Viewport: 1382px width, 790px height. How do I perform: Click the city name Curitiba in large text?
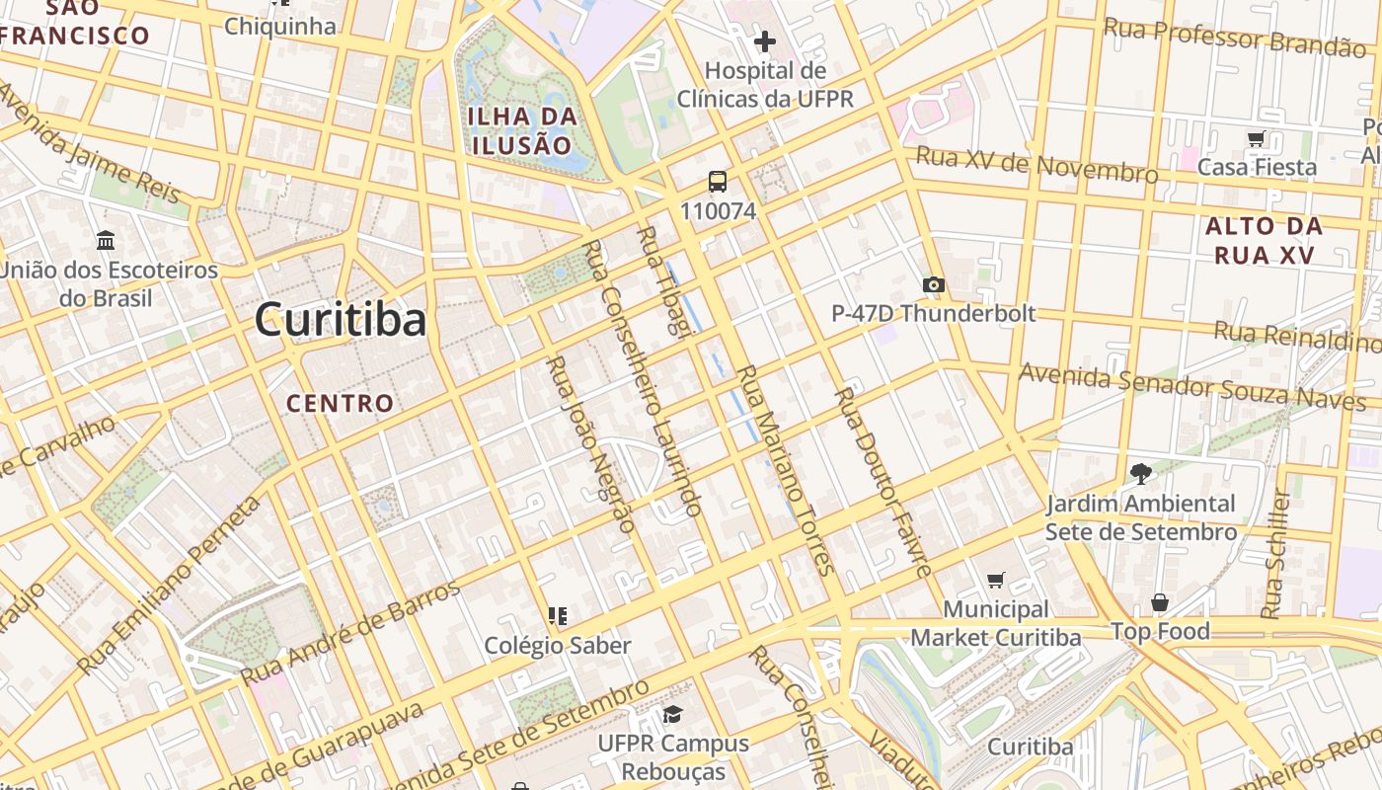coord(341,320)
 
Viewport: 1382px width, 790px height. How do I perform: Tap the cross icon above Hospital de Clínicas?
coord(764,41)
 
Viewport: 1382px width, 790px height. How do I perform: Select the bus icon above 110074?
coord(718,182)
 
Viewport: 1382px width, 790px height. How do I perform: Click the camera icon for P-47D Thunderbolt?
coord(933,285)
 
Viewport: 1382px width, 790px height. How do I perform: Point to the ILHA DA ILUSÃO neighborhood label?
coord(521,131)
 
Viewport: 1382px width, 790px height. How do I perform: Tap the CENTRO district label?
coord(341,403)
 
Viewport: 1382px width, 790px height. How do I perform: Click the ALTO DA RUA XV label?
coord(1264,240)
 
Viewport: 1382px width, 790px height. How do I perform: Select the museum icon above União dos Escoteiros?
coord(106,240)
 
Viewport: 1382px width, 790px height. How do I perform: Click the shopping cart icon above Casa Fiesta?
coord(1256,139)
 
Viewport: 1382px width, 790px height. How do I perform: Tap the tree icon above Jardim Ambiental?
coord(1141,473)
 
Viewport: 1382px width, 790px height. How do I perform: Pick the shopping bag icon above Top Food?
coord(1160,602)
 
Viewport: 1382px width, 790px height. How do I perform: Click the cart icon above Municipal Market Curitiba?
coord(995,580)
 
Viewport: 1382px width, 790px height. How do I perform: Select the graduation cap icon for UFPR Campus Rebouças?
coord(672,714)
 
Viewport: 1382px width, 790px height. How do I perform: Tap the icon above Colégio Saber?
coord(558,616)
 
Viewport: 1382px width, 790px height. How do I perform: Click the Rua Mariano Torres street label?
coord(787,469)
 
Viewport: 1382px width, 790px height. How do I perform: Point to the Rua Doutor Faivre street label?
coord(883,481)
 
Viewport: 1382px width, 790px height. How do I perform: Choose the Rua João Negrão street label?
coord(590,444)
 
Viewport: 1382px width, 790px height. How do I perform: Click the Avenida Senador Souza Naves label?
coord(1191,386)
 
